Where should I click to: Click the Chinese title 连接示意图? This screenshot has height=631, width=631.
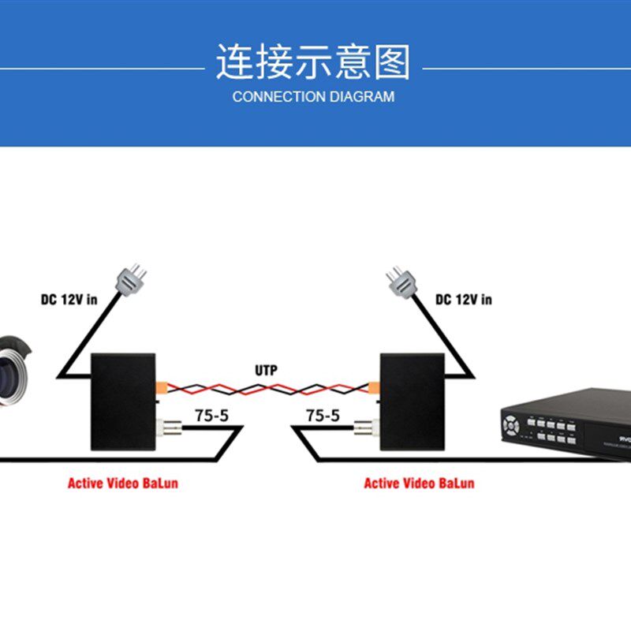(x=314, y=62)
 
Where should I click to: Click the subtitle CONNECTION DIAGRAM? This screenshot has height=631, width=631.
(x=314, y=97)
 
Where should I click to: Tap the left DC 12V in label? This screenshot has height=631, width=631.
(x=69, y=300)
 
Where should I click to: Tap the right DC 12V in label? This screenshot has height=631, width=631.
(x=464, y=300)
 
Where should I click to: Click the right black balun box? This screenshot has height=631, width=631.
(x=412, y=401)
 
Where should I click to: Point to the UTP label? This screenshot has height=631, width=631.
(x=266, y=371)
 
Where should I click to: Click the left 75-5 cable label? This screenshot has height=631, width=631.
(x=211, y=416)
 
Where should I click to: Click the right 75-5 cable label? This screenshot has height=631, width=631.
(x=323, y=416)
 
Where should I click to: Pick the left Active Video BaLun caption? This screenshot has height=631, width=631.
(x=122, y=483)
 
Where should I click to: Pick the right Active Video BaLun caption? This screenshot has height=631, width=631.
(x=419, y=483)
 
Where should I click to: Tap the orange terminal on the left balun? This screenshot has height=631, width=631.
(x=161, y=387)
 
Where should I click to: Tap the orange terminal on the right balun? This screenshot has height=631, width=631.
(x=375, y=387)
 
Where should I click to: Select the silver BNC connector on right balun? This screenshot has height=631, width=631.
(x=364, y=430)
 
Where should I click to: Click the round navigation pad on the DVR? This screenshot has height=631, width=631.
(x=513, y=424)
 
